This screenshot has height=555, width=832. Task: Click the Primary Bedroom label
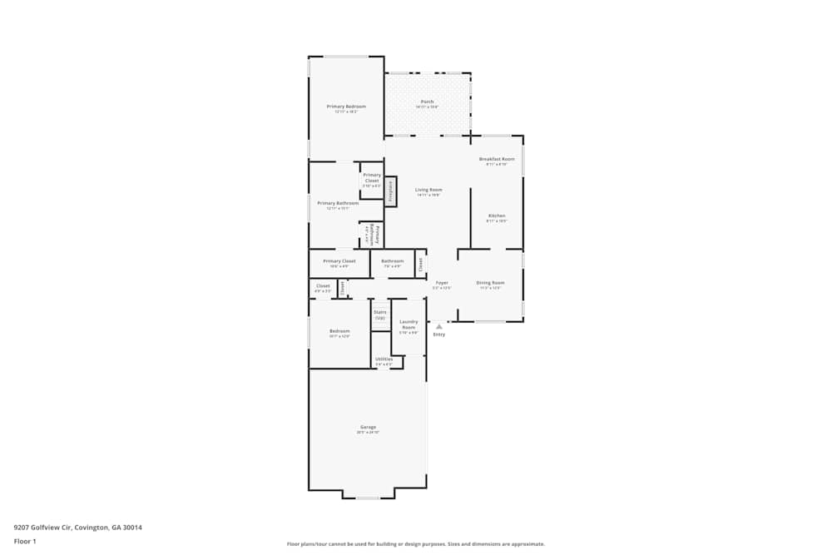coord(346,107)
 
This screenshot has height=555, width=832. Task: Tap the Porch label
coord(427,102)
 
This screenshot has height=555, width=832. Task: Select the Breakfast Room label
coord(497,159)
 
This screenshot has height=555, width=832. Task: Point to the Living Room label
coord(428,191)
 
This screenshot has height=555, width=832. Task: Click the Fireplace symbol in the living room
coord(390,191)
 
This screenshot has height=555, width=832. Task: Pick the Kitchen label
coord(497,216)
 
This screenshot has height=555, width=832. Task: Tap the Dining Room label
coord(490,283)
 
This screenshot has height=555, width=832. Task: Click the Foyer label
coord(442,283)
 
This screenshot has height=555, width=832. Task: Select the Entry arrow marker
coord(439,326)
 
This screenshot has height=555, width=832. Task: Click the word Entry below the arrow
coord(439,334)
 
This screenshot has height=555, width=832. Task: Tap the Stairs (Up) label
coord(380,315)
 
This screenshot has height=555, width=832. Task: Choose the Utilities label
coord(384,359)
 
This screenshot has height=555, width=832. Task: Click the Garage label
coord(368,427)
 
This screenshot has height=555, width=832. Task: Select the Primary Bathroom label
coord(338,204)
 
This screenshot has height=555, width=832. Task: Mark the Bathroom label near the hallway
coord(393,261)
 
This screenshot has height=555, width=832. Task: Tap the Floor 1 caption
coord(25,541)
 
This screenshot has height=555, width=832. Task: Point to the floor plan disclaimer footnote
coord(416,544)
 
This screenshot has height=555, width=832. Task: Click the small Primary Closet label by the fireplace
coord(372,178)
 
